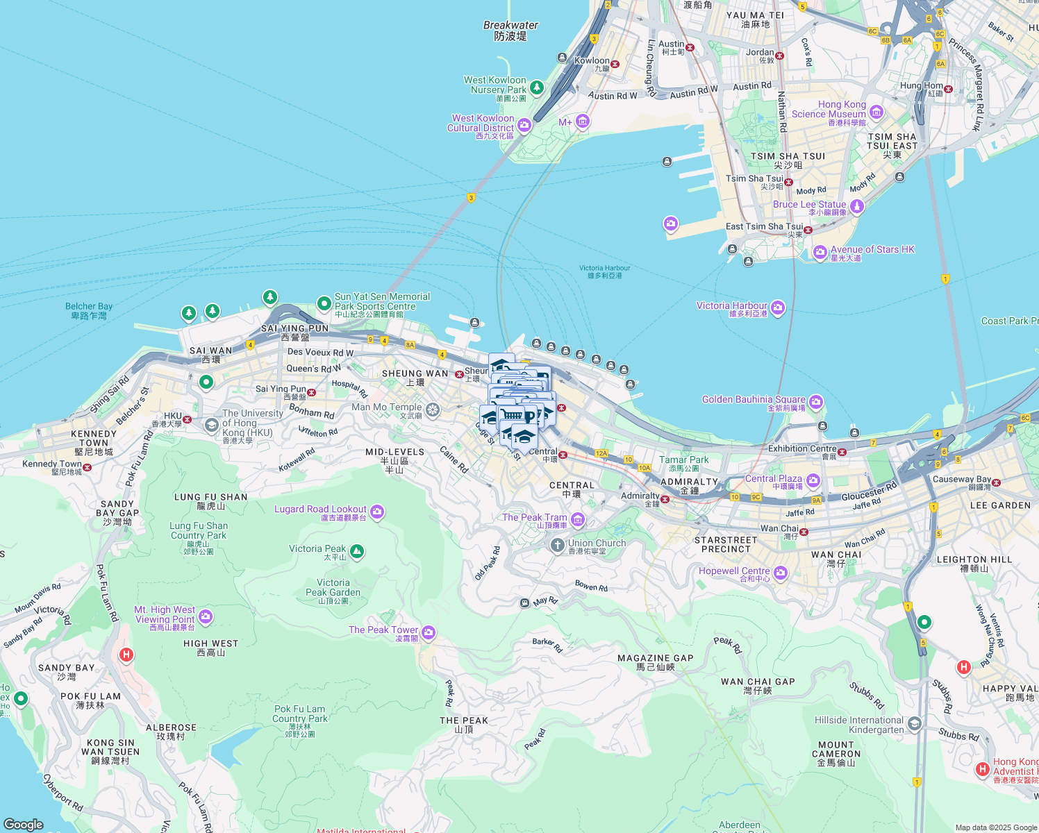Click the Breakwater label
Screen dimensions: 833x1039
(x=510, y=31)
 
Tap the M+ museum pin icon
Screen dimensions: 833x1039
(x=582, y=122)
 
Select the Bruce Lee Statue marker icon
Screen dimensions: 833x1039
(x=857, y=206)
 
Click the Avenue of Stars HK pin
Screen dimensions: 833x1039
(x=820, y=251)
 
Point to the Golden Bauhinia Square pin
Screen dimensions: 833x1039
(x=815, y=401)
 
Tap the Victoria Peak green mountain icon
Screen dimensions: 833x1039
(x=357, y=552)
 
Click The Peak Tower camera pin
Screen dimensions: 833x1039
(x=429, y=632)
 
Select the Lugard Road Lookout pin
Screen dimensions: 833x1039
(x=377, y=512)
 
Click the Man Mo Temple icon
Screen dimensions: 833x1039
(x=433, y=410)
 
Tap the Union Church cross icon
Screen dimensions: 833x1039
(x=557, y=546)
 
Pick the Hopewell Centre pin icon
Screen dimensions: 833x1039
(x=780, y=573)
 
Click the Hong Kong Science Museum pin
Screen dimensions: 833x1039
(x=876, y=112)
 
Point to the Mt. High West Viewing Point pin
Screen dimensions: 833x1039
(x=205, y=616)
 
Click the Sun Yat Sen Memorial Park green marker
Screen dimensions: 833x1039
(x=324, y=303)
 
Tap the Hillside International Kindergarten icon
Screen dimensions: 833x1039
(x=915, y=724)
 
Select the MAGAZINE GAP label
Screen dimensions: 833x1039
(x=655, y=662)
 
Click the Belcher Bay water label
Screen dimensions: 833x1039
(x=89, y=311)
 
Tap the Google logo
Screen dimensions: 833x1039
(x=24, y=824)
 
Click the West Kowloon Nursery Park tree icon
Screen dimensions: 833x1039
(x=536, y=87)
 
